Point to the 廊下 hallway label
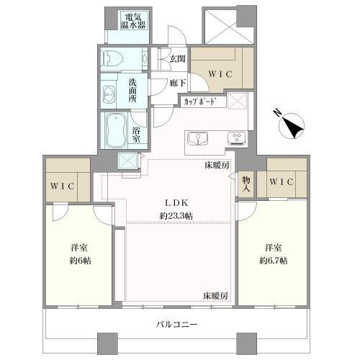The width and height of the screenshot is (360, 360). (179, 83)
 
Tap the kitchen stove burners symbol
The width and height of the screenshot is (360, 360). (235, 138)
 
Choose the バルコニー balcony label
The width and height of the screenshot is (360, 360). (177, 325)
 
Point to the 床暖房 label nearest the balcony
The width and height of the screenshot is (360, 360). (215, 296)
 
